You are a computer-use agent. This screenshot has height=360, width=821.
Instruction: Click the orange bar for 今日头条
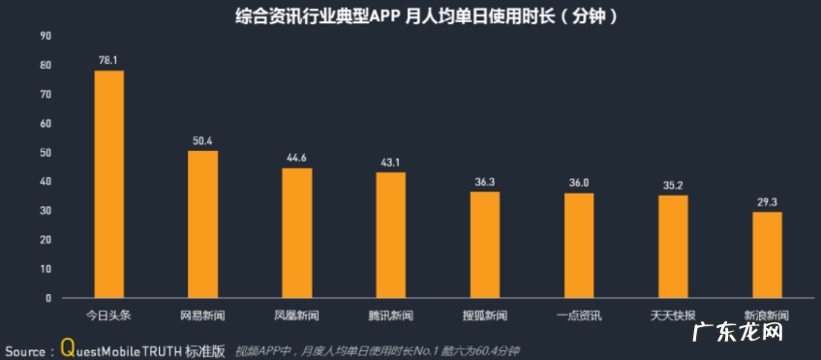point(108,184)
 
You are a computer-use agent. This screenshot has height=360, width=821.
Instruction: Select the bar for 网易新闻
point(202,224)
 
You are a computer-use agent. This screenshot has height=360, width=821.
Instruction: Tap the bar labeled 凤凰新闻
point(296,232)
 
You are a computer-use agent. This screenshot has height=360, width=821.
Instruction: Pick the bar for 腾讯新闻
point(390,234)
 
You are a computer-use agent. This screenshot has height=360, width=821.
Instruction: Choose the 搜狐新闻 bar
point(485,244)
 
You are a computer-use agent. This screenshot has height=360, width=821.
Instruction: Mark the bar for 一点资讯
point(579,245)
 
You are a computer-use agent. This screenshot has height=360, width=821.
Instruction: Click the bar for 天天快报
point(673,246)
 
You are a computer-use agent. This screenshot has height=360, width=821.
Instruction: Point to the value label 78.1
point(108,60)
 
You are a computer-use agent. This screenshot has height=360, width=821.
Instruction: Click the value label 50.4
point(202,141)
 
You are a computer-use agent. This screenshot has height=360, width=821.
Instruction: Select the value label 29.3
point(767,202)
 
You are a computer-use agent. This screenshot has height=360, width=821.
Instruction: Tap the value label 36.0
point(579,183)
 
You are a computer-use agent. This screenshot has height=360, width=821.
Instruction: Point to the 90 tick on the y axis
point(46,36)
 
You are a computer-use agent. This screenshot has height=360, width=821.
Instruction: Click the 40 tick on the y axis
point(46,182)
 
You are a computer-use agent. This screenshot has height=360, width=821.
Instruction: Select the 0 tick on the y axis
point(48,298)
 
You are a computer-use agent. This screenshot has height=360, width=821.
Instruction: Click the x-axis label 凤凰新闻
point(296,315)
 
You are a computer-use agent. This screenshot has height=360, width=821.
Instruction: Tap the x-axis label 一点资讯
point(579,315)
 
